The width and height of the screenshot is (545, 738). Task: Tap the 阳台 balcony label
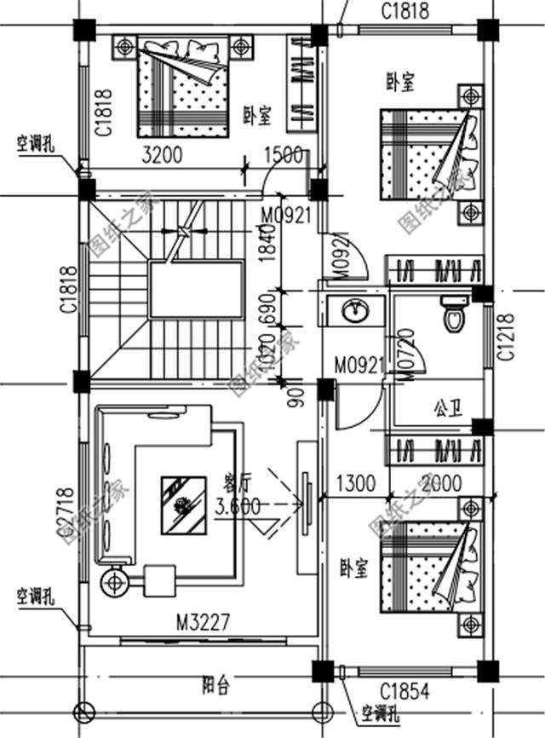tap(214, 682)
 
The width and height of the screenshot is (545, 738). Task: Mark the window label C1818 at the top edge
tap(405, 11)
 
